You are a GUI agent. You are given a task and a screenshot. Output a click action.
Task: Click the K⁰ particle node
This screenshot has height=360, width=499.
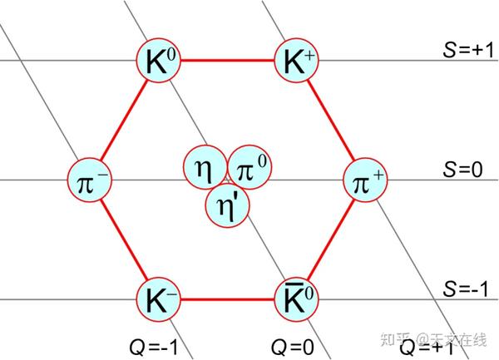pyautogui.click(x=159, y=60)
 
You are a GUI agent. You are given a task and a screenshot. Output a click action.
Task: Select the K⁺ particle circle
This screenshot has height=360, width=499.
pyautogui.click(x=297, y=60)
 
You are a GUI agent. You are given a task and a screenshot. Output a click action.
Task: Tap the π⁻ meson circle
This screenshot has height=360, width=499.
pyautogui.click(x=90, y=180)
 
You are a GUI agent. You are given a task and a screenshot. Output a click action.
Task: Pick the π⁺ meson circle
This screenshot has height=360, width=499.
pyautogui.click(x=366, y=180)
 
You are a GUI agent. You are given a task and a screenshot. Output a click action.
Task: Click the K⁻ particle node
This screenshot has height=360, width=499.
pyautogui.click(x=159, y=299)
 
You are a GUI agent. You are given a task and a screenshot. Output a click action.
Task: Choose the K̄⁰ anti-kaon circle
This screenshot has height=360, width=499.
pyautogui.click(x=297, y=299)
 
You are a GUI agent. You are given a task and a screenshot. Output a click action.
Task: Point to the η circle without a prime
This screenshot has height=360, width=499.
pyautogui.click(x=205, y=167)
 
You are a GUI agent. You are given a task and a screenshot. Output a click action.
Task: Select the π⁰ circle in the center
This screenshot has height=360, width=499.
pyautogui.click(x=249, y=167)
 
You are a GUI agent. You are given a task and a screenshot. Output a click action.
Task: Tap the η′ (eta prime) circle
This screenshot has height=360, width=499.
pyautogui.click(x=228, y=205)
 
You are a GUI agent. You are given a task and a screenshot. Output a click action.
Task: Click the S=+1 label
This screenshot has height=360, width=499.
pyautogui.click(x=468, y=50)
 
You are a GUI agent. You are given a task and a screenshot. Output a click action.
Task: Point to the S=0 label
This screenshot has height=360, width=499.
pyautogui.click(x=462, y=169)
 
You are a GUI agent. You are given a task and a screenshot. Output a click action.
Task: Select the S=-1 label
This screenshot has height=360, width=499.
pyautogui.click(x=466, y=288)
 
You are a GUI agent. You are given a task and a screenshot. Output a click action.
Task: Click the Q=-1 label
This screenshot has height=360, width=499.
pyautogui.click(x=154, y=348)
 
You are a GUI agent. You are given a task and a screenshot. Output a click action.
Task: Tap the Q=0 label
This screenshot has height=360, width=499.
pyautogui.click(x=293, y=348)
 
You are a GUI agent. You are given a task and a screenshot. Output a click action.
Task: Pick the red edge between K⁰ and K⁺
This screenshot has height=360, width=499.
pyautogui.click(x=228, y=60)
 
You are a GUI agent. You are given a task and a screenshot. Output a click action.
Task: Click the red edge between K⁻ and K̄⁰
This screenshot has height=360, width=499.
pyautogui.click(x=228, y=299)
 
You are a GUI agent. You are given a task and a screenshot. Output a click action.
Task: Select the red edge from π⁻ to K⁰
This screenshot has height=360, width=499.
pyautogui.click(x=124, y=121)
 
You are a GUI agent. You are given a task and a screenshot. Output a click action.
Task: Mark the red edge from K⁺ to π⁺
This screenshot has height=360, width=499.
pyautogui.click(x=331, y=121)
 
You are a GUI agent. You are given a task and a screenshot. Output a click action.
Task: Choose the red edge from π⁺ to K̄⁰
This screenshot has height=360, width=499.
pyautogui.click(x=331, y=240)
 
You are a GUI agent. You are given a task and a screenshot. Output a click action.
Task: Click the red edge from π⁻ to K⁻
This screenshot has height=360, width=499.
pyautogui.click(x=124, y=240)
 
